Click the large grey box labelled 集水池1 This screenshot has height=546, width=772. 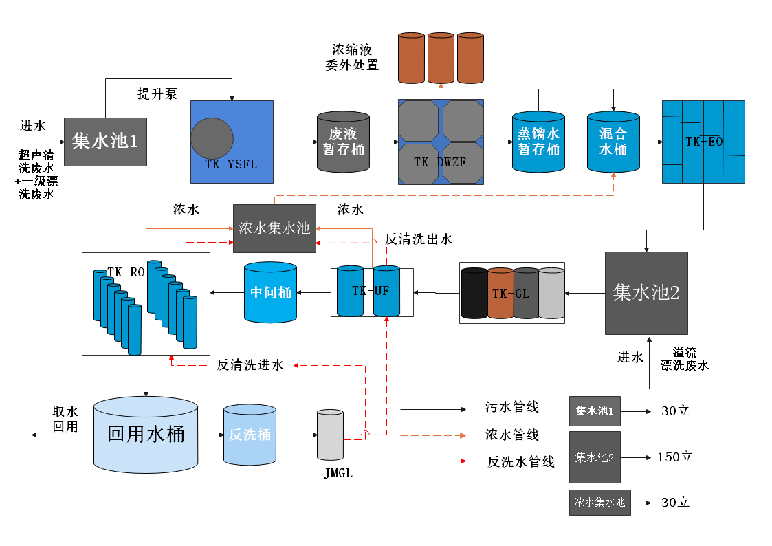tap(105, 141)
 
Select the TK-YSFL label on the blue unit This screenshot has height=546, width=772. tap(231, 164)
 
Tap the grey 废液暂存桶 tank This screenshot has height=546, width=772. tap(343, 142)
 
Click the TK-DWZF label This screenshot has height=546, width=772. tap(440, 162)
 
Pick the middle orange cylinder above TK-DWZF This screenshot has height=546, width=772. tap(441, 58)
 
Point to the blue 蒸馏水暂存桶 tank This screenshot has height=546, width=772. tap(538, 142)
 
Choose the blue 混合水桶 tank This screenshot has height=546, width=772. tap(613, 142)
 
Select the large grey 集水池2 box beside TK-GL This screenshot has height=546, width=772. tap(646, 293)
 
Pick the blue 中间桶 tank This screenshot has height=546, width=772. tap(271, 292)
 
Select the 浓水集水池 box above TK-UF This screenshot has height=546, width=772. tap(274, 228)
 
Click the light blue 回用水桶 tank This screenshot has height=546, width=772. tap(146, 435)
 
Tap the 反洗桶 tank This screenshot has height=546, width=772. tap(250, 435)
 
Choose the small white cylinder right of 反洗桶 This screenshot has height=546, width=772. tap(330, 435)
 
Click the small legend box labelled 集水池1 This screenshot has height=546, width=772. tap(595, 411)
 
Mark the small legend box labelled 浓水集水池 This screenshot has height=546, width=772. tap(600, 503)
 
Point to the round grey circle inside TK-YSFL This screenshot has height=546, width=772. tap(212, 140)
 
